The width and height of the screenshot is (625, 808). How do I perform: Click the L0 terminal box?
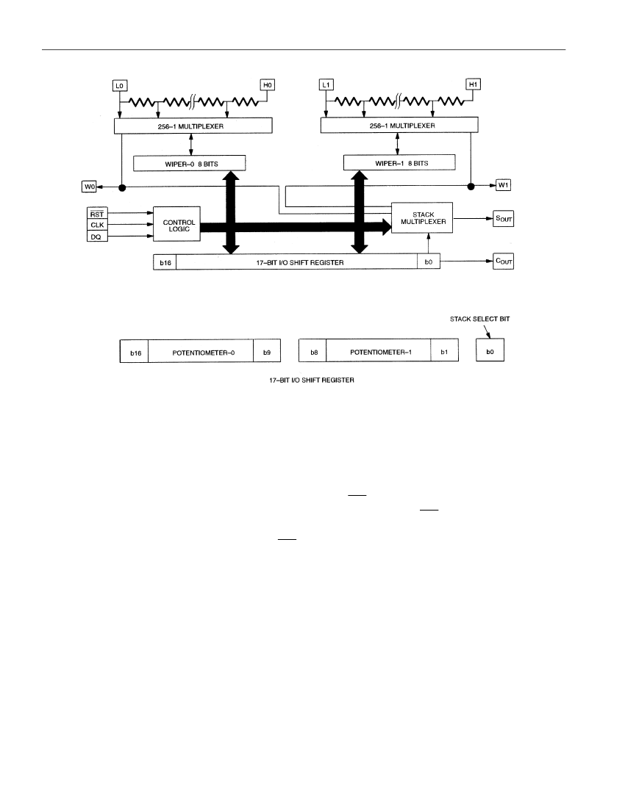click(120, 85)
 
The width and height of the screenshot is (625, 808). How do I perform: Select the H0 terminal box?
click(267, 84)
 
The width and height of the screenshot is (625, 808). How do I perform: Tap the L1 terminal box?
click(326, 84)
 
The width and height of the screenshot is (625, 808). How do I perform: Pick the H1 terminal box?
click(474, 84)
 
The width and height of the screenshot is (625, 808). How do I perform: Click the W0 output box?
click(90, 186)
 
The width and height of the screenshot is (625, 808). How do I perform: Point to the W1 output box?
click(503, 184)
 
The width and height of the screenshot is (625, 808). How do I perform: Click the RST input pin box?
click(97, 213)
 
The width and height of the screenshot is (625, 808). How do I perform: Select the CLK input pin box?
click(97, 225)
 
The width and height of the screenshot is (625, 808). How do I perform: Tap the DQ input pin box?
click(97, 237)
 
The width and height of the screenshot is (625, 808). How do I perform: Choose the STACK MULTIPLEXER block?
click(422, 217)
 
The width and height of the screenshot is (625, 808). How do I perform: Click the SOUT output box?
click(503, 218)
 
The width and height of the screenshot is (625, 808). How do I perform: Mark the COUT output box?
click(503, 261)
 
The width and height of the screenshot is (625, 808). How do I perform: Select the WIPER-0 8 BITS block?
click(189, 163)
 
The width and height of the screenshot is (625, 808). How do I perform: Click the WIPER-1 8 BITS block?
click(400, 162)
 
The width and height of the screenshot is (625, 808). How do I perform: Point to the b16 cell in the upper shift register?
click(165, 262)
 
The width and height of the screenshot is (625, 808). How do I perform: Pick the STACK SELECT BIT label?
click(479, 319)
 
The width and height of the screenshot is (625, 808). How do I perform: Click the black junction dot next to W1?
click(471, 186)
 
